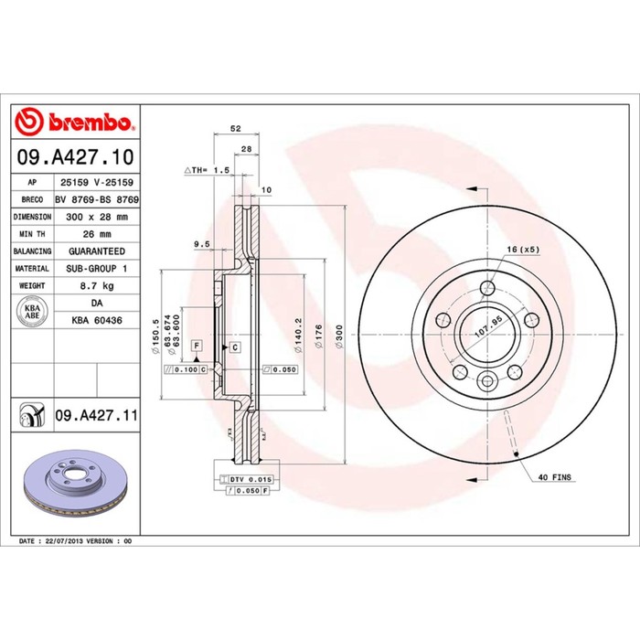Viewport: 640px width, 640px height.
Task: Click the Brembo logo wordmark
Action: pyautogui.click(x=90, y=122)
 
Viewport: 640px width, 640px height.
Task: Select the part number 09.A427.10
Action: pyautogui.click(x=76, y=157)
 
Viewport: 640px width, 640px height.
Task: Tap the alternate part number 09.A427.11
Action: pyautogui.click(x=97, y=415)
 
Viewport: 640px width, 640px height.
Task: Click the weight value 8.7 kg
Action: pyautogui.click(x=97, y=285)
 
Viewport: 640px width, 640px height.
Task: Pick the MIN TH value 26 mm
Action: pyautogui.click(x=97, y=234)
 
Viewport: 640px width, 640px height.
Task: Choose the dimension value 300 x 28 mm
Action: pyautogui.click(x=97, y=217)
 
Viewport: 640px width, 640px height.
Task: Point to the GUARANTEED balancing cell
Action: pyautogui.click(x=97, y=251)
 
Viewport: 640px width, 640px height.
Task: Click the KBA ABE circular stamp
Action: pyautogui.click(x=32, y=312)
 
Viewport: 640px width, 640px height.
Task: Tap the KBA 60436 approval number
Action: pyautogui.click(x=97, y=320)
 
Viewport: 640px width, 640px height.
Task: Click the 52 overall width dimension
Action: pyautogui.click(x=236, y=128)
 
